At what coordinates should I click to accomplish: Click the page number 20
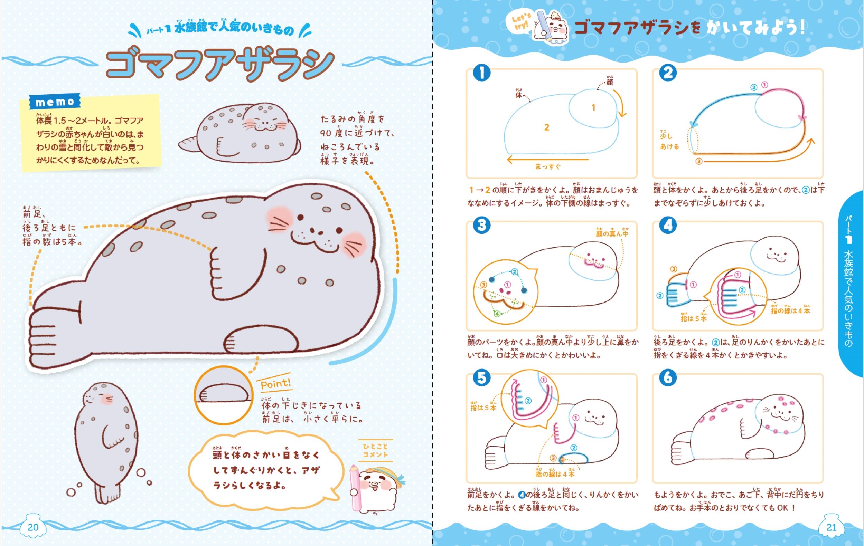pyautogui.click(x=33, y=527)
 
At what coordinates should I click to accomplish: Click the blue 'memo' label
pyautogui.click(x=55, y=102)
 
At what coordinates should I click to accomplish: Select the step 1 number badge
pyautogui.click(x=481, y=73)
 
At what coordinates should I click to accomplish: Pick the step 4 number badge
pyautogui.click(x=668, y=225)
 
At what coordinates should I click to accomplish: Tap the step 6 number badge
pyautogui.click(x=668, y=377)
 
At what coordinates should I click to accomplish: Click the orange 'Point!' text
pyautogui.click(x=275, y=384)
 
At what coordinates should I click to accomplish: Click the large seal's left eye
pyautogui.click(x=300, y=217)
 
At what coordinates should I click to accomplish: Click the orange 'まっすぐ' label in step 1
pyautogui.click(x=547, y=166)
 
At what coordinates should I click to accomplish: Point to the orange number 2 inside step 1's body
pyautogui.click(x=546, y=127)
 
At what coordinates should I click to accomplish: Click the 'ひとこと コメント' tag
pyautogui.click(x=375, y=450)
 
